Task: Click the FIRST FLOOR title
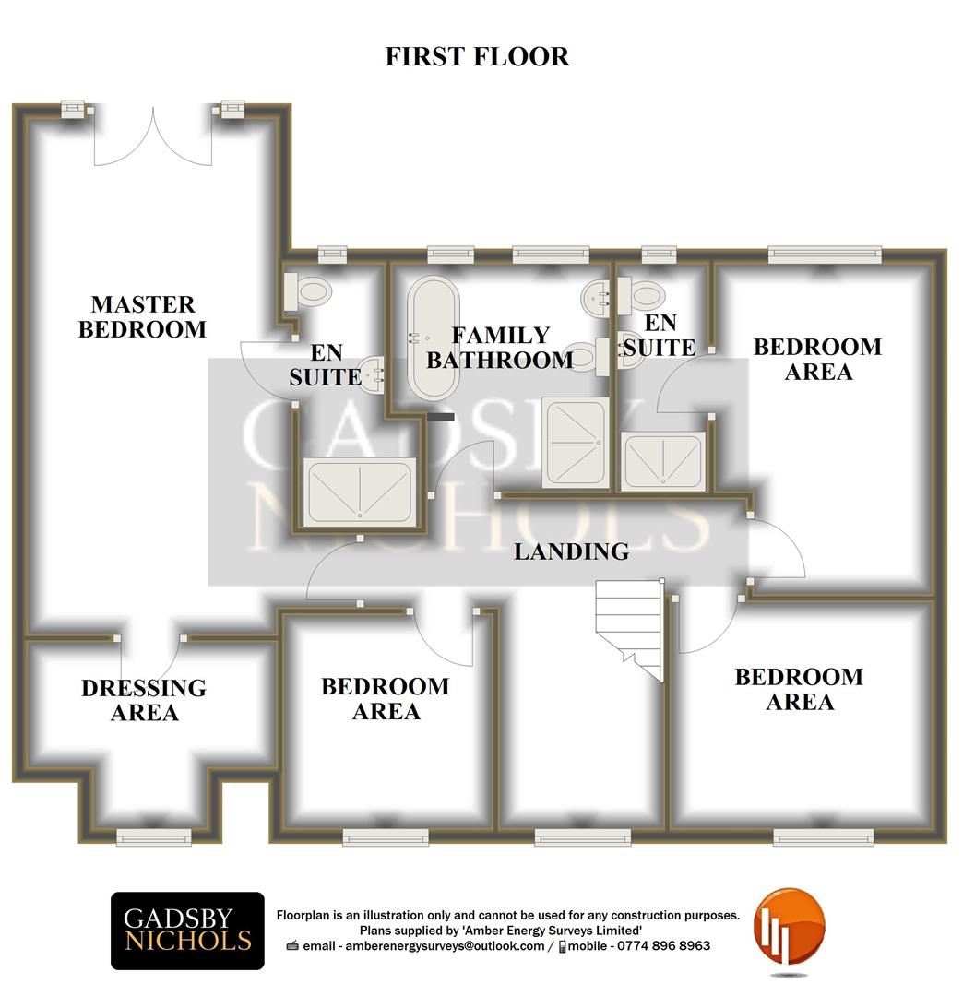point(477,56)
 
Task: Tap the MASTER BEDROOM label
point(142,317)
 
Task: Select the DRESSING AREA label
point(144,700)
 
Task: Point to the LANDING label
point(571,551)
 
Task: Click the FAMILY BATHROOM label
point(500,348)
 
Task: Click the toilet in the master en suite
point(308,291)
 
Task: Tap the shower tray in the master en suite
point(360,492)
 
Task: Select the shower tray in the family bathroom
point(575,443)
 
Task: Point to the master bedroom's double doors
point(153,136)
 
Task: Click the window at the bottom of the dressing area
point(154,837)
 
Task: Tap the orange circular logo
point(789,928)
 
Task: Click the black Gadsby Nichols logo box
point(187,931)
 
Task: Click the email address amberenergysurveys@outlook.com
point(445,946)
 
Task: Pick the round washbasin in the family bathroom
point(595,298)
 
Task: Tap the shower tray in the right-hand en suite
point(663,461)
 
